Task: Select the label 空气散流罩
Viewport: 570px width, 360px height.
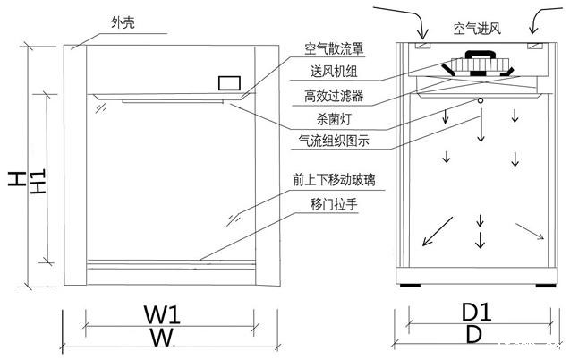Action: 335,48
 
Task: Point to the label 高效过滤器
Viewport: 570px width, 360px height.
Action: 335,94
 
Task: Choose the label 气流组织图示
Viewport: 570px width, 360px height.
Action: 339,141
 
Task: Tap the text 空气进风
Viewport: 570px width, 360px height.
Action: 476,29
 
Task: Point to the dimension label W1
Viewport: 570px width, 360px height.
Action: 163,314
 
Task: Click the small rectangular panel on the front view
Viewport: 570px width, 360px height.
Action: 229,81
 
